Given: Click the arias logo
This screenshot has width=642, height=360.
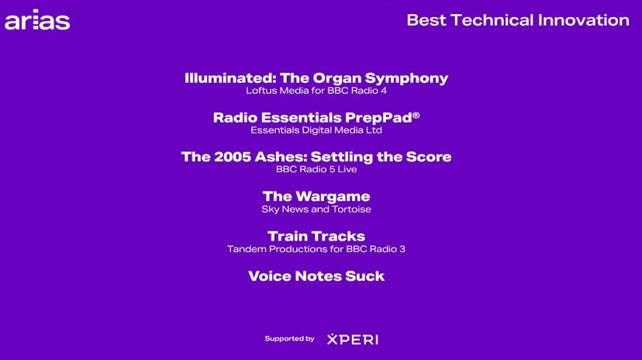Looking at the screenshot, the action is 37,19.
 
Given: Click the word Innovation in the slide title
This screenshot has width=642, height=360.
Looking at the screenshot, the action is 583,20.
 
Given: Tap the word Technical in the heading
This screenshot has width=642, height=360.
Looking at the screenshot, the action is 492,20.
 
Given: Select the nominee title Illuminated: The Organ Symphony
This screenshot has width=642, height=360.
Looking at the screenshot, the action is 316,78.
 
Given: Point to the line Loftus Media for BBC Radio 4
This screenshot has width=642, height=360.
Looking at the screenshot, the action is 316,91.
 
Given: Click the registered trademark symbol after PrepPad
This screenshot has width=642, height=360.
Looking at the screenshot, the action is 416,115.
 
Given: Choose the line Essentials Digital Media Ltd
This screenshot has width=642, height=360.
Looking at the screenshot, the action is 316,130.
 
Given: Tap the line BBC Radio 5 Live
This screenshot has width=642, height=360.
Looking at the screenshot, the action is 316,170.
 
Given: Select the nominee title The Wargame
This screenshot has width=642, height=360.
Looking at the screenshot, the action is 316,196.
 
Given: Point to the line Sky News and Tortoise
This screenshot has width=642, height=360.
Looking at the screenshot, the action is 316,209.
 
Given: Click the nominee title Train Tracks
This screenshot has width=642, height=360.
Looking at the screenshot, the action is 316,237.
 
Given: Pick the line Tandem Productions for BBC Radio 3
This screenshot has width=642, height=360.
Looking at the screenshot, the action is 316,249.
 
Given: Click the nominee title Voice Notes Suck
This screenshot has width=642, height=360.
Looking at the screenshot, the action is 316,276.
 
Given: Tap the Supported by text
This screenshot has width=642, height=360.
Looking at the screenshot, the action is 289,339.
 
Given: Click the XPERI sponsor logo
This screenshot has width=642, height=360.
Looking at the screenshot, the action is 353,339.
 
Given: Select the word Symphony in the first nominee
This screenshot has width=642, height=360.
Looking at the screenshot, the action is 406,78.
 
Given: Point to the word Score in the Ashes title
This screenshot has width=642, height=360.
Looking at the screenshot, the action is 429,157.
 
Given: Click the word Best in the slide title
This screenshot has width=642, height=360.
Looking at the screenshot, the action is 426,20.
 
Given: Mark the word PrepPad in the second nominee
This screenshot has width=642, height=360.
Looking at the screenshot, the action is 378,118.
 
